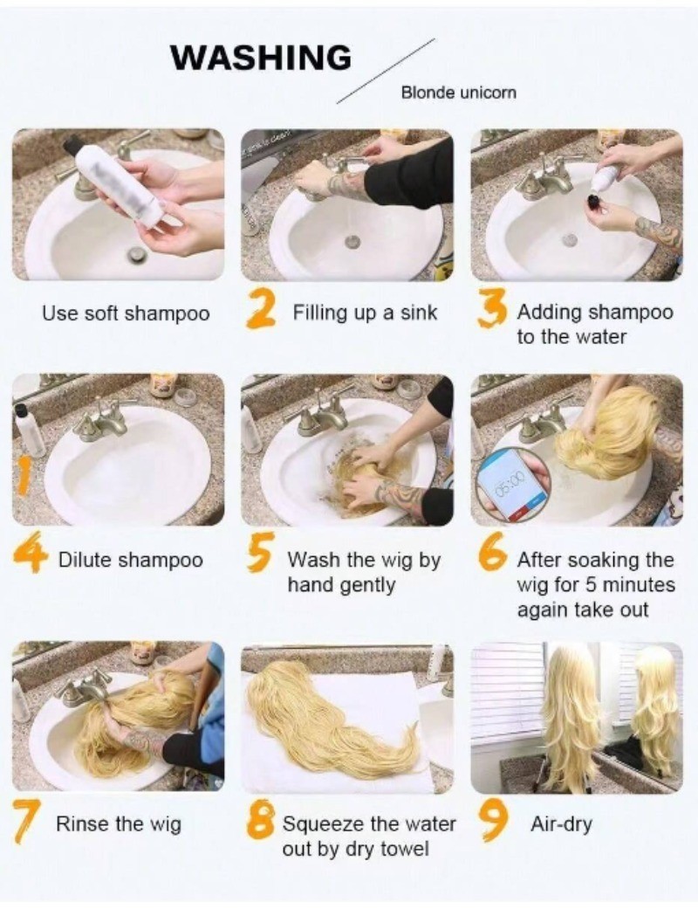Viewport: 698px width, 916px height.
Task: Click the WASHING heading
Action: tap(261, 58)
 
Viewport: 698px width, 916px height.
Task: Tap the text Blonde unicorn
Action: tap(458, 93)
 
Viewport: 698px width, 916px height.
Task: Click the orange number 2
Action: tap(261, 313)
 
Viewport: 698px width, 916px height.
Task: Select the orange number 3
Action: tap(491, 313)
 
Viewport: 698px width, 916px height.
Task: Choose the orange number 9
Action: tap(491, 821)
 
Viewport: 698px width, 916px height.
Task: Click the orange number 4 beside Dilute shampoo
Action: tap(29, 557)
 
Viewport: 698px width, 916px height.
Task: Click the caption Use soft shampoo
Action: tap(126, 313)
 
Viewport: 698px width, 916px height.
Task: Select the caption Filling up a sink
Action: tap(365, 313)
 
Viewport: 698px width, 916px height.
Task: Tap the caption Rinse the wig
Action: tap(119, 823)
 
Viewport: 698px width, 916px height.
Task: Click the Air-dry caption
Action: tap(561, 823)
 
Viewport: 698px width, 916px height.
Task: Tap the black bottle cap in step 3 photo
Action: tap(594, 203)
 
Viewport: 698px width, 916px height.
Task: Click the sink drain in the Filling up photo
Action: tap(352, 240)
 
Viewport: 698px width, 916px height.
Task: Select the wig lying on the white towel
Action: tap(331, 723)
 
